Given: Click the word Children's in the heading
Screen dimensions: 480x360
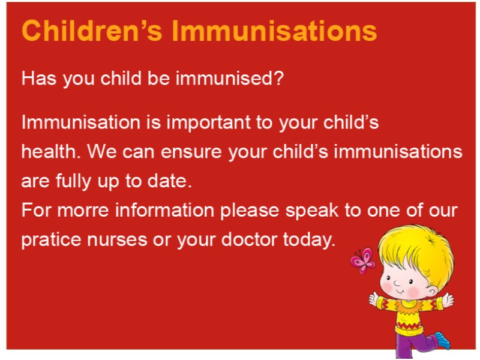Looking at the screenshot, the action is click(x=92, y=31).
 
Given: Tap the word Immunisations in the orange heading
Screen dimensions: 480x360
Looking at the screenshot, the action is click(x=274, y=31).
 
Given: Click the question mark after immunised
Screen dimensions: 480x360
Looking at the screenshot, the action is click(x=278, y=78).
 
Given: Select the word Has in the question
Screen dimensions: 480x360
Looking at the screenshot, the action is click(x=38, y=78).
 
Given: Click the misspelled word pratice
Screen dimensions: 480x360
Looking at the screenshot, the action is click(x=51, y=239).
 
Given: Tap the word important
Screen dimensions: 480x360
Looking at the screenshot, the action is click(x=208, y=122).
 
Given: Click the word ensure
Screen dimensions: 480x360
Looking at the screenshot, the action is click(x=191, y=152).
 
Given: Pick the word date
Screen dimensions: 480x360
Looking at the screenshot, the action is click(x=170, y=181).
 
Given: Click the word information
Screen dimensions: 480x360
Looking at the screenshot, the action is click(x=164, y=210).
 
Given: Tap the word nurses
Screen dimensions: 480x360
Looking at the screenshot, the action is click(x=117, y=239).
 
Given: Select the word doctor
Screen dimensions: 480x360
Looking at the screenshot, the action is click(x=249, y=239).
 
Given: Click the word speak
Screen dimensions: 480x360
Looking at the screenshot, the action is click(x=312, y=211).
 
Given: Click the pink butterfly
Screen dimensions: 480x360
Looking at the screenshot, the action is click(x=363, y=261).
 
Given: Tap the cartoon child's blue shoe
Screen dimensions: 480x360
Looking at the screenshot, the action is click(x=442, y=340).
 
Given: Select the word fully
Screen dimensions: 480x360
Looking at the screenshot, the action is click(x=73, y=181).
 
